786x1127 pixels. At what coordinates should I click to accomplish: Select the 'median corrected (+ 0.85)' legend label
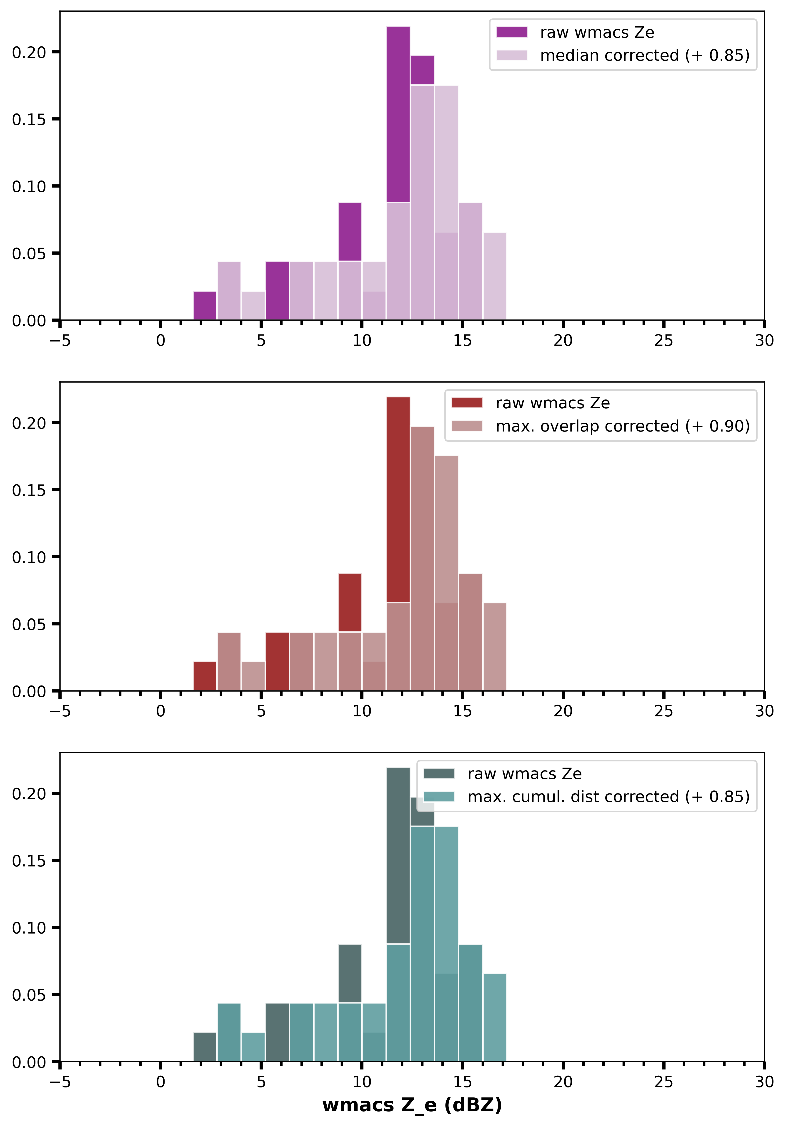[x=645, y=55]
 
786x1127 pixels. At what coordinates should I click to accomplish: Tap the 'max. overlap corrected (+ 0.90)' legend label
[x=623, y=426]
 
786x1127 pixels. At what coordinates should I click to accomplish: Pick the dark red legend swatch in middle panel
[x=467, y=403]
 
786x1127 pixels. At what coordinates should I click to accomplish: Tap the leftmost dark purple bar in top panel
[x=205, y=305]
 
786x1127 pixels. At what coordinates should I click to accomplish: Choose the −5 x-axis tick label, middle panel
[x=60, y=711]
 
